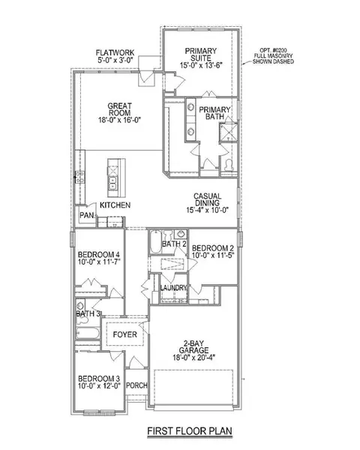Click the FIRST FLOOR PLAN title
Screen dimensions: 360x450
190,430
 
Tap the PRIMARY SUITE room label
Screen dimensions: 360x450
201,55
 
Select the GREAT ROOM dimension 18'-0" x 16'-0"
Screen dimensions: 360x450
120,120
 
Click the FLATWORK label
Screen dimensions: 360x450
115,52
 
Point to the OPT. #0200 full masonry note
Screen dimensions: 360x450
273,56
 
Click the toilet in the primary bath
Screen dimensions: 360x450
229,165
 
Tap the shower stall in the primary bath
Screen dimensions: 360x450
229,132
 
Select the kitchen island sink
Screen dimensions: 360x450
112,183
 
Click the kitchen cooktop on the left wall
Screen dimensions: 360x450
80,177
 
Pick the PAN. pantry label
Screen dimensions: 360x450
87,215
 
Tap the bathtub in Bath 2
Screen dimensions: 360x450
155,241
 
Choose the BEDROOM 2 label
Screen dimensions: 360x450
213,248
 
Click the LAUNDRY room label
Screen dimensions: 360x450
173,287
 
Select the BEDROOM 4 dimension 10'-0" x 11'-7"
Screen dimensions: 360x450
99,262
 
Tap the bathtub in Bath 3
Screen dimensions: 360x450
88,333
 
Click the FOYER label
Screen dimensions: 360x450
125,334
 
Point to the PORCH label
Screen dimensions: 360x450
136,385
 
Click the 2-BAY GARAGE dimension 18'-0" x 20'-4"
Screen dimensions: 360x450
193,358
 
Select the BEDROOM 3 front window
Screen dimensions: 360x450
99,413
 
